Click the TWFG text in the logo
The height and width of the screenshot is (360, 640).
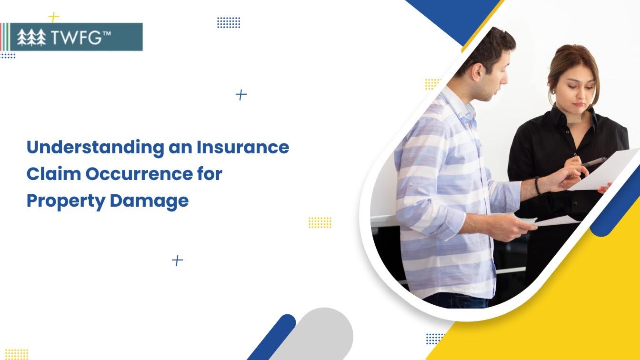(x=76, y=37)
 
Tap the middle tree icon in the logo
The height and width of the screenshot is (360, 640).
(x=31, y=37)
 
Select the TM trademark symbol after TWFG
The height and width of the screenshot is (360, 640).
(x=106, y=33)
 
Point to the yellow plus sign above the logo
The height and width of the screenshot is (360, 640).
(x=53, y=18)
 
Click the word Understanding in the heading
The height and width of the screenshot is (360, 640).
(x=95, y=148)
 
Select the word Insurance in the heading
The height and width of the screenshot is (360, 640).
(x=243, y=147)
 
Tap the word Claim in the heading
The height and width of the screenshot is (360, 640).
(x=54, y=174)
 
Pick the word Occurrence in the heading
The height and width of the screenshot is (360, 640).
(x=139, y=174)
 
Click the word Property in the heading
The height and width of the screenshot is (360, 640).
(x=66, y=201)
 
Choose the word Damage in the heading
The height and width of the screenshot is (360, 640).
(x=149, y=201)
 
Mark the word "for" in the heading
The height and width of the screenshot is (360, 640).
(x=210, y=173)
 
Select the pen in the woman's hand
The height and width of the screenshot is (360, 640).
(x=594, y=162)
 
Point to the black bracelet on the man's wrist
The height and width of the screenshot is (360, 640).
(x=538, y=186)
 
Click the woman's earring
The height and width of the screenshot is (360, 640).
(x=553, y=91)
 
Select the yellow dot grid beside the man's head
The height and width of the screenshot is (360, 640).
(x=432, y=84)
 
